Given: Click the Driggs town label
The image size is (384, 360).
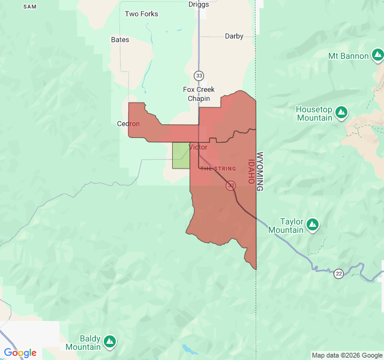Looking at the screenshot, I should point(198,4).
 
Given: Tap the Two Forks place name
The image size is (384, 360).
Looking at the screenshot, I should point(142,14).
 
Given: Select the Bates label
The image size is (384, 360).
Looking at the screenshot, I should point(120,40).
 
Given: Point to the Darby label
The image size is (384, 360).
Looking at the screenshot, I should point(234,36).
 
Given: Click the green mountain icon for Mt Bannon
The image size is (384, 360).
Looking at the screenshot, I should point(377,56).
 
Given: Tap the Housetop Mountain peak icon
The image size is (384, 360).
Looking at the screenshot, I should point(341,112).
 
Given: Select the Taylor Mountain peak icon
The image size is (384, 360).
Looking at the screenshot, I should point(312,224).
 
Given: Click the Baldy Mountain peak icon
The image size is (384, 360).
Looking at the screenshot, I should point(109,342).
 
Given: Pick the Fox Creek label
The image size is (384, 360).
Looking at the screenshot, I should point(199,89).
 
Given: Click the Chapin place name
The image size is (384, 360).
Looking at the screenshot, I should point(199,98).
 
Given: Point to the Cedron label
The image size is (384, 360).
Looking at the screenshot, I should point(128,124).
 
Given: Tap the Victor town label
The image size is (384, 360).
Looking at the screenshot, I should point(198,147).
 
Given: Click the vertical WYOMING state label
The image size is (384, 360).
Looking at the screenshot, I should point(260,171).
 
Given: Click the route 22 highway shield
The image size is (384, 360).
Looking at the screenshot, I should point(339,274).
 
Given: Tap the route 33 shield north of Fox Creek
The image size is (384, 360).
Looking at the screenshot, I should point(199,75).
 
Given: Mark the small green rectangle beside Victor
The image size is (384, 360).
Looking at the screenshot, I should point(181,155).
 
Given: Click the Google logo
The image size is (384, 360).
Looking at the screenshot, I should point(20,353).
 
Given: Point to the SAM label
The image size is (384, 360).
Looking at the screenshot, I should point(30,6).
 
